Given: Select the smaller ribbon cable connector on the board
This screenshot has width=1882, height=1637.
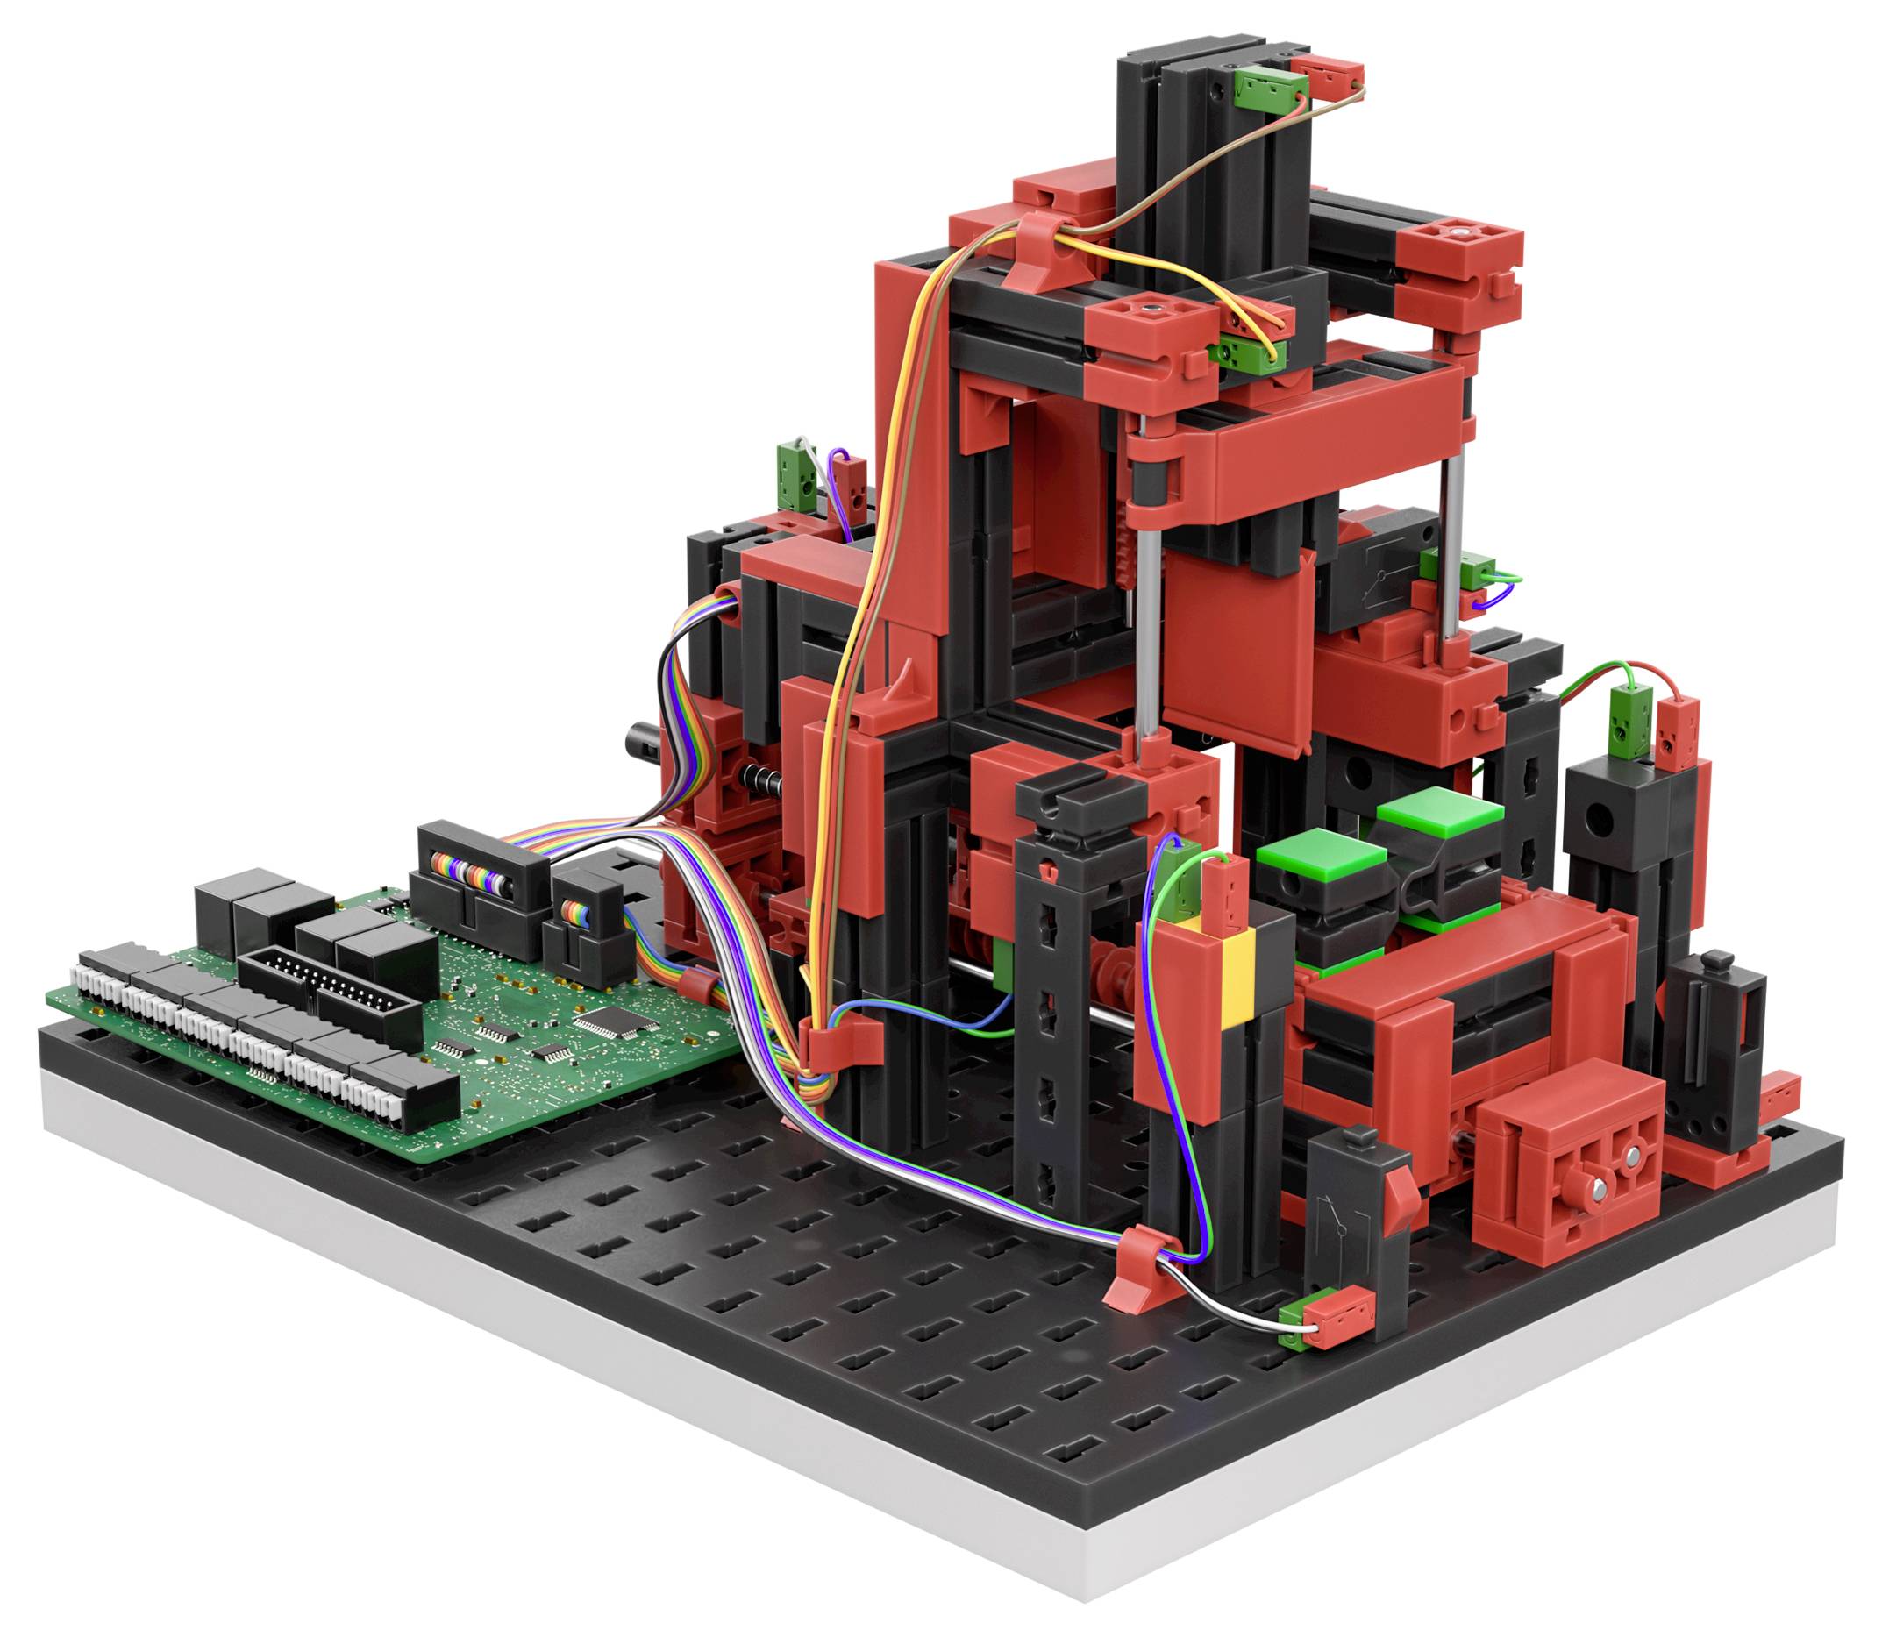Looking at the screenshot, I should pos(585,922).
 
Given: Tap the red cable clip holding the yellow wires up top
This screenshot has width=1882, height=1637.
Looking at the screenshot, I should pos(1046,242).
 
